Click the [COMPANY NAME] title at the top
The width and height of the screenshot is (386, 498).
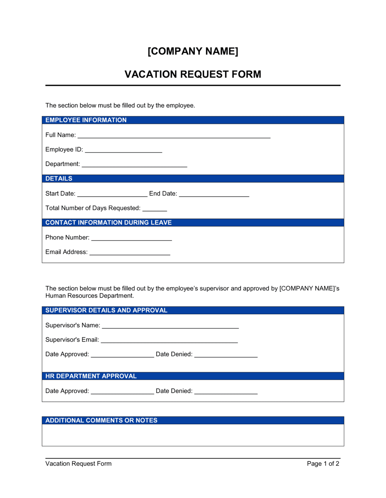(x=193, y=51)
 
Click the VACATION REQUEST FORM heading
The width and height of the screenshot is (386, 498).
(x=193, y=74)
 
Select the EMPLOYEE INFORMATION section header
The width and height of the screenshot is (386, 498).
(x=86, y=120)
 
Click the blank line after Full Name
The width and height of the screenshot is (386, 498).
(x=174, y=136)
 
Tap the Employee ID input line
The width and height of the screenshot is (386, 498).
(x=123, y=151)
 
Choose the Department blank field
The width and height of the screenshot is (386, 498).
(x=134, y=165)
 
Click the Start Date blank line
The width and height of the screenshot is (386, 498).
(x=112, y=195)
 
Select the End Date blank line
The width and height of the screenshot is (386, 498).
(x=214, y=195)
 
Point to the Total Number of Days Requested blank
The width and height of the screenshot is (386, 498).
(x=154, y=209)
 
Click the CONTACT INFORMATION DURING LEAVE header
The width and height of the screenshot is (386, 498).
(x=108, y=222)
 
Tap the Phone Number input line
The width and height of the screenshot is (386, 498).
(x=131, y=239)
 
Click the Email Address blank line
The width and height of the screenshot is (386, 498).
(x=130, y=253)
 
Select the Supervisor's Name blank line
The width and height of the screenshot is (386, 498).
(x=170, y=326)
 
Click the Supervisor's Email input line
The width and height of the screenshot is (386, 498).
(x=169, y=340)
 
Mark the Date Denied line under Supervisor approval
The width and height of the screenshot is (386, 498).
(x=226, y=355)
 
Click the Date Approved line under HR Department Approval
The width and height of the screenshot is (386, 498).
(x=122, y=392)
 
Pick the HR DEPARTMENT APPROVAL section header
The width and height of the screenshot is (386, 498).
(x=91, y=376)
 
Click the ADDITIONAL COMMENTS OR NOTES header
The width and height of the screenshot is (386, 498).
(x=102, y=420)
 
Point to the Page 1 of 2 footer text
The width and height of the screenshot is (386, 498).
(x=323, y=464)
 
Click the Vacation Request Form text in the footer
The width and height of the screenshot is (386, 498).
(x=78, y=464)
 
